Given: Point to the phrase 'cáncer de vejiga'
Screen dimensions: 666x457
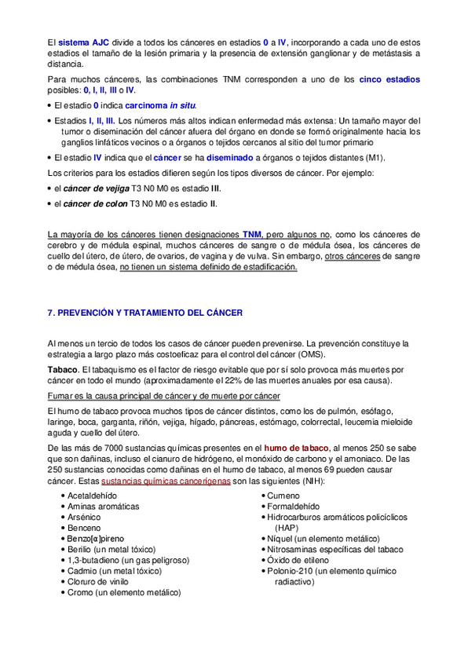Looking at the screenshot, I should pyautogui.click(x=95, y=189).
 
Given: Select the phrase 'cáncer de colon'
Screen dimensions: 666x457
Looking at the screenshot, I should pyautogui.click(x=94, y=204).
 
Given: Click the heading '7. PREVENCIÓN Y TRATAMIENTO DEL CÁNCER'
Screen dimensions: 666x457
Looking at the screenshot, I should pyautogui.click(x=145, y=312).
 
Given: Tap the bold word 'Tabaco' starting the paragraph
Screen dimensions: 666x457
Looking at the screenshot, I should pyautogui.click(x=62, y=369).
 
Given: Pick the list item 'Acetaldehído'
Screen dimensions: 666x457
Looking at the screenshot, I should pyautogui.click(x=91, y=496).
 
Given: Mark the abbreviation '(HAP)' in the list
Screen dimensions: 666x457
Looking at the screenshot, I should pyautogui.click(x=287, y=529).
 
